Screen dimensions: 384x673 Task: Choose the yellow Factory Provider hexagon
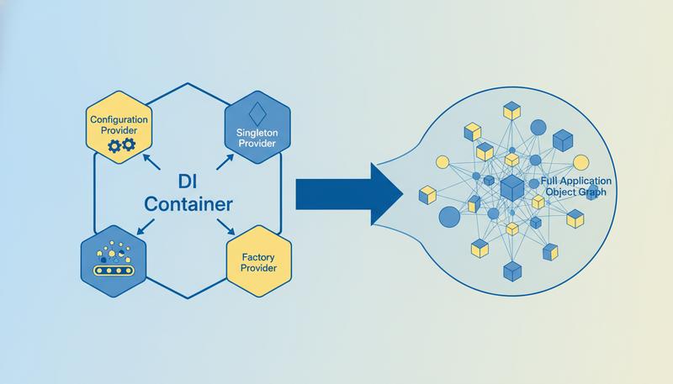click(258, 261)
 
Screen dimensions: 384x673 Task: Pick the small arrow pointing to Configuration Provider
click(150, 157)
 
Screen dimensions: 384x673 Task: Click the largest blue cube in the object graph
click(512, 187)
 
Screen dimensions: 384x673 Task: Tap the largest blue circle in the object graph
click(449, 216)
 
